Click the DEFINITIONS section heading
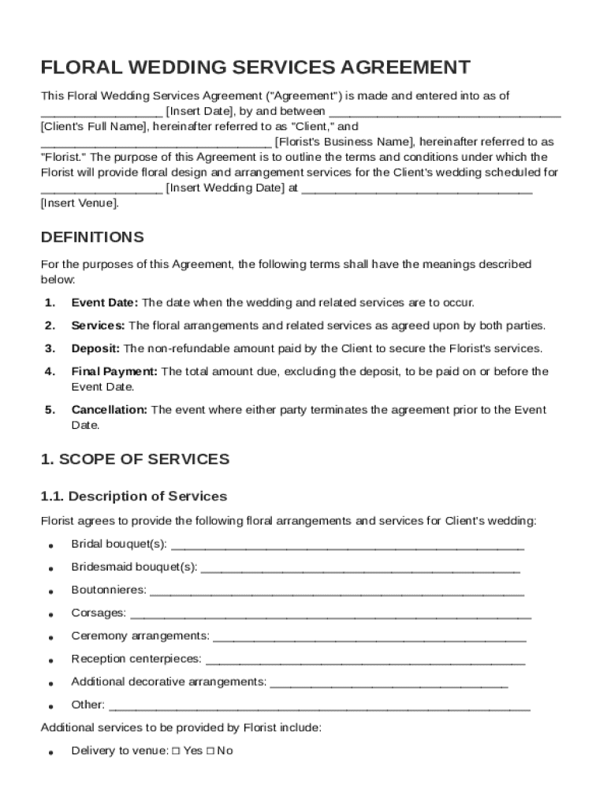92,237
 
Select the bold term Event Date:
105,303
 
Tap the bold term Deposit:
95,348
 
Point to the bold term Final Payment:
114,371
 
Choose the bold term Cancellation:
110,410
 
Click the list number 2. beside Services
50,325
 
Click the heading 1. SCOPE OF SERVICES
135,459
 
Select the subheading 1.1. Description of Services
133,496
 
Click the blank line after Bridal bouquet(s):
347,545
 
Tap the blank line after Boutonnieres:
337,590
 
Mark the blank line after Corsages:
330,613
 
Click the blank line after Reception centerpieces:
365,659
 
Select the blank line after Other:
319,705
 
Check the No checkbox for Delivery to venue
210,751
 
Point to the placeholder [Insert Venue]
80,203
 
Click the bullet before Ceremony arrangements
50,637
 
